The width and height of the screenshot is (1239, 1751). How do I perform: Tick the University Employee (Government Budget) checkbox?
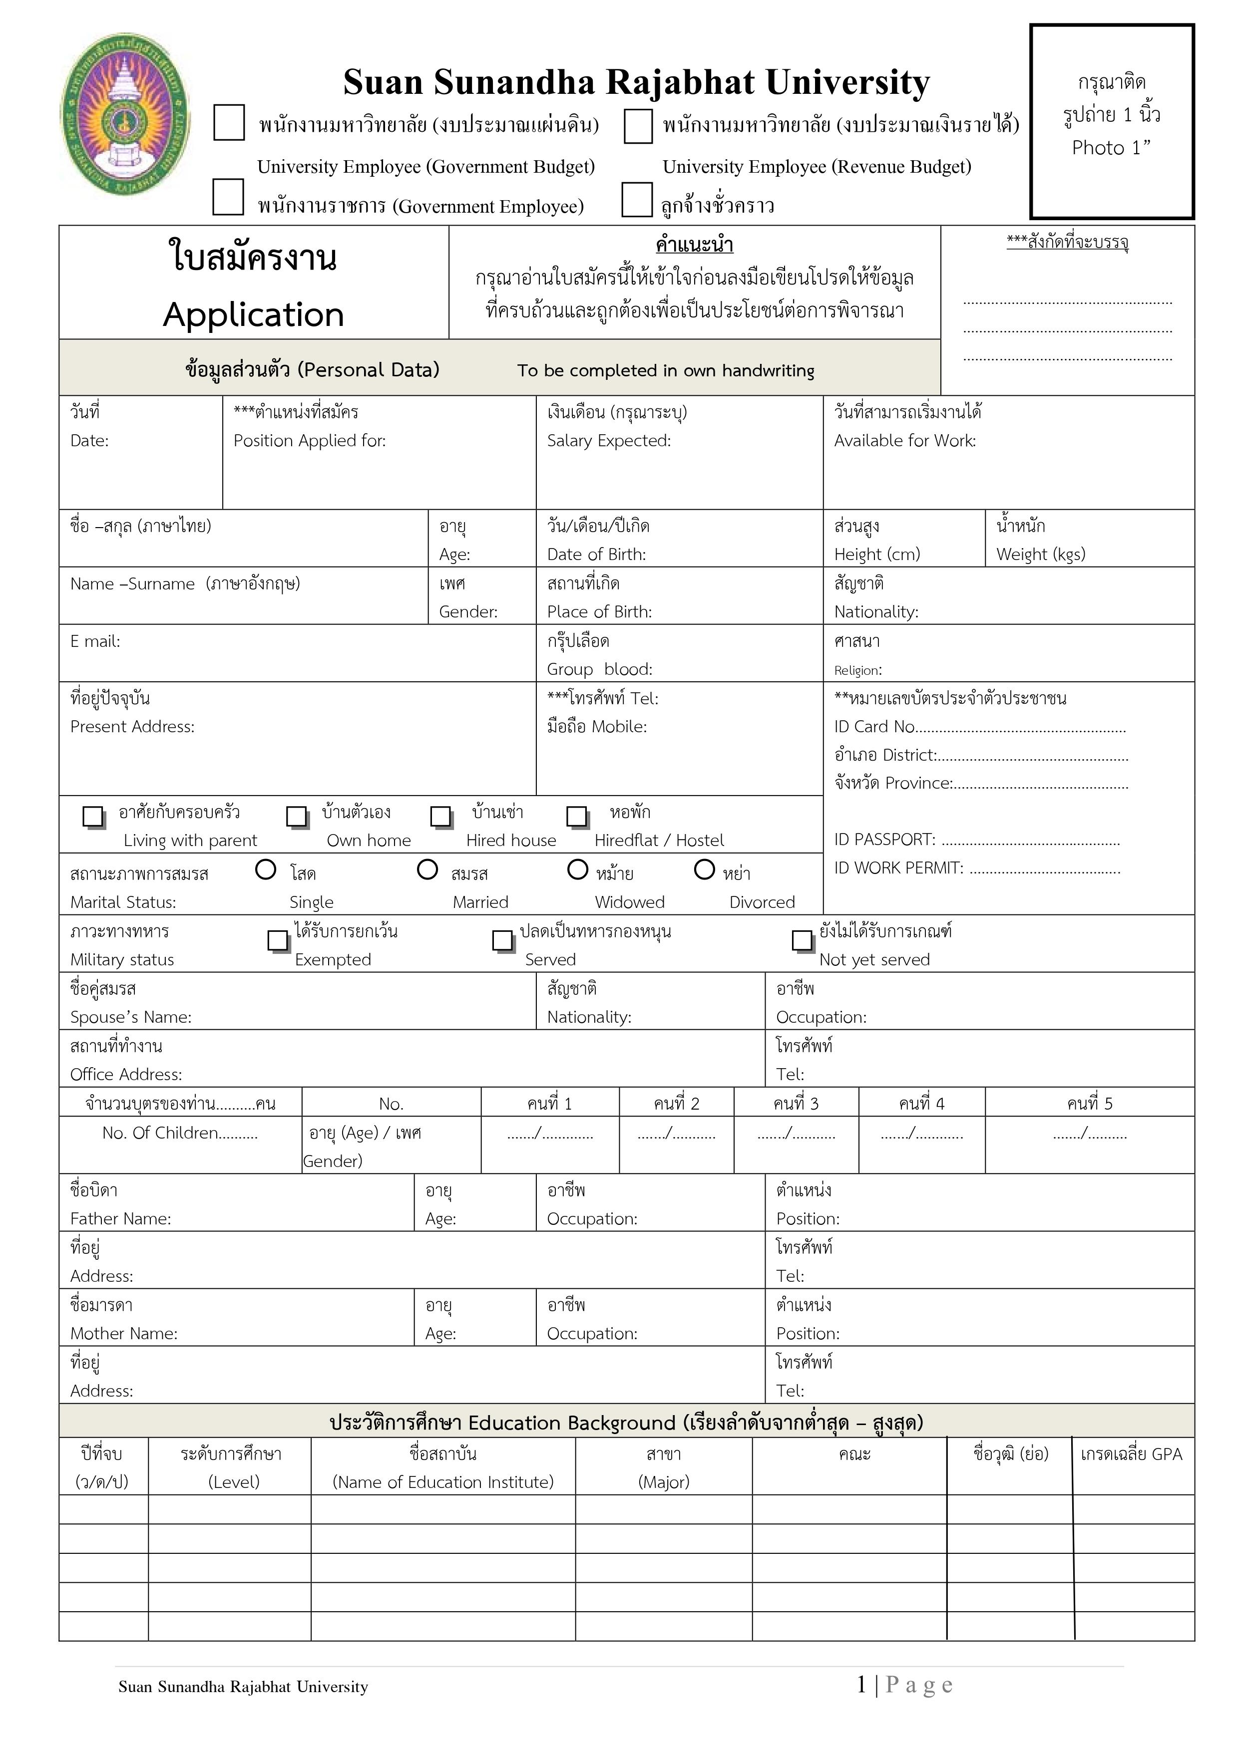tap(229, 123)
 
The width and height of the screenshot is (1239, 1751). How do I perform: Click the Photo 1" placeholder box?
tap(1112, 121)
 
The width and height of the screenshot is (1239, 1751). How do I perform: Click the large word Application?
tap(253, 314)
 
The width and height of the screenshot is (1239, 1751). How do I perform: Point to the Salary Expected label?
tap(608, 441)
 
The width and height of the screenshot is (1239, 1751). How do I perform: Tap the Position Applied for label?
tap(309, 441)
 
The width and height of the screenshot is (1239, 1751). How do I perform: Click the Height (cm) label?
tap(876, 555)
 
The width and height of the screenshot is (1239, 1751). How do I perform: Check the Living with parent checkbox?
tap(93, 816)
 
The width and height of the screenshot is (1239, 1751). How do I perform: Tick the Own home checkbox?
tap(296, 816)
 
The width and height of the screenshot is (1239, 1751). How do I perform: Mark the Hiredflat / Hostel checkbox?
tap(577, 816)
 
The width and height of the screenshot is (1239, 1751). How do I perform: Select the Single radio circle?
tap(266, 870)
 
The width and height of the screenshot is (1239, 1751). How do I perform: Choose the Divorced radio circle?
tap(704, 870)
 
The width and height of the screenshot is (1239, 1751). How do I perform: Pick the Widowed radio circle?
tap(577, 870)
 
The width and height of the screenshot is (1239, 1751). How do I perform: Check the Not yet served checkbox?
tap(802, 940)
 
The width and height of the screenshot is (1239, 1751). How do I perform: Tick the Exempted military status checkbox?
tap(278, 940)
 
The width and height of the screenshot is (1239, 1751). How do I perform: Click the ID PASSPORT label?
tap(884, 840)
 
